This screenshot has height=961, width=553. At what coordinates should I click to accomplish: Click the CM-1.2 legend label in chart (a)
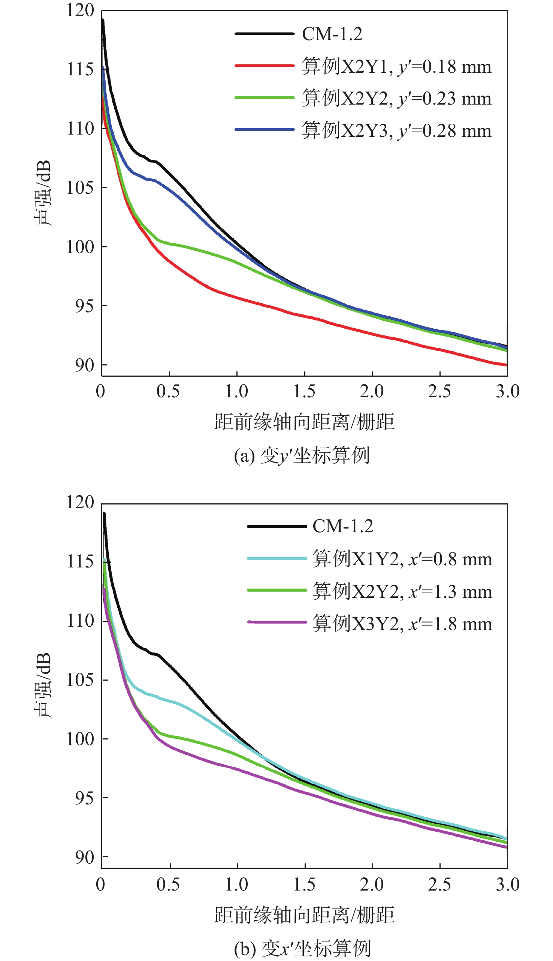[332, 34]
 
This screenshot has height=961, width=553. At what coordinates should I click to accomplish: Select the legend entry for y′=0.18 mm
[396, 66]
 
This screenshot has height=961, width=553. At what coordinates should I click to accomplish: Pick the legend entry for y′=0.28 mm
[396, 130]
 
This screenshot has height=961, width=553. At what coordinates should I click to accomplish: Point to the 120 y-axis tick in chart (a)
[80, 10]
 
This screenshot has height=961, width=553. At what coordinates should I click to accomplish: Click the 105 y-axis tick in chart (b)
[80, 679]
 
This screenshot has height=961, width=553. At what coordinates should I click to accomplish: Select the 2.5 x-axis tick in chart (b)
[439, 884]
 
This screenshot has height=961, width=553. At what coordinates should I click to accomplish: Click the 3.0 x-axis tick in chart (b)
[507, 884]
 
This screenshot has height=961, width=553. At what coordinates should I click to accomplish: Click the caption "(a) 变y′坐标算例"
[302, 456]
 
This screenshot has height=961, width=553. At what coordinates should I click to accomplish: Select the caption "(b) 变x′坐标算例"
[302, 949]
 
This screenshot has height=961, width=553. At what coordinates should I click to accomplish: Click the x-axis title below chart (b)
[304, 915]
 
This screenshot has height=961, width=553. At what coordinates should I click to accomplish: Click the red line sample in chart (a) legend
[265, 66]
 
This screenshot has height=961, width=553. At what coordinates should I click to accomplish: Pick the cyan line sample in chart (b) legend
[277, 558]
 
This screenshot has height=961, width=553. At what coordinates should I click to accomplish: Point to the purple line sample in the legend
[277, 623]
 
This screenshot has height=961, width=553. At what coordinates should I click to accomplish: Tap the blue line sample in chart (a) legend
[265, 130]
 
